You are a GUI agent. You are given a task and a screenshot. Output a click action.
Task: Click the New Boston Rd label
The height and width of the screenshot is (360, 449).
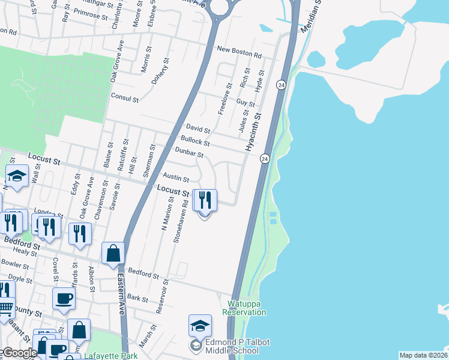pyautogui.click(x=240, y=52)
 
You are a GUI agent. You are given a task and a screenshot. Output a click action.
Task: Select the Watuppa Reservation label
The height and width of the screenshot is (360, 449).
pyautogui.click(x=244, y=308)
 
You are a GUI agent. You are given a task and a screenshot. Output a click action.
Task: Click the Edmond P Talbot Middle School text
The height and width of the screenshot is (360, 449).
pyautogui.click(x=238, y=346)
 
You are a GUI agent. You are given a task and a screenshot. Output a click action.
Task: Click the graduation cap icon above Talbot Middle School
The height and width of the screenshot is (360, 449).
pyautogui.click(x=200, y=325)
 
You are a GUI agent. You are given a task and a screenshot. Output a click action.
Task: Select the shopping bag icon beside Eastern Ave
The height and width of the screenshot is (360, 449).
pyautogui.click(x=113, y=253)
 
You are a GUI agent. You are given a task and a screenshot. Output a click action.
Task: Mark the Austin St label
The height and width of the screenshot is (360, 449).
pyautogui.click(x=176, y=178)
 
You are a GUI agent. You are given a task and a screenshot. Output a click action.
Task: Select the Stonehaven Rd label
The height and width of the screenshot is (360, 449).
pyautogui.click(x=181, y=221)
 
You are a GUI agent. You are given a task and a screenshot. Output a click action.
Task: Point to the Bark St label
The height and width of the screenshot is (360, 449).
pyautogui.click(x=137, y=298)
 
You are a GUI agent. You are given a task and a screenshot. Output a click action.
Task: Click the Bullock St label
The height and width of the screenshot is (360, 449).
pyautogui.click(x=194, y=142)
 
